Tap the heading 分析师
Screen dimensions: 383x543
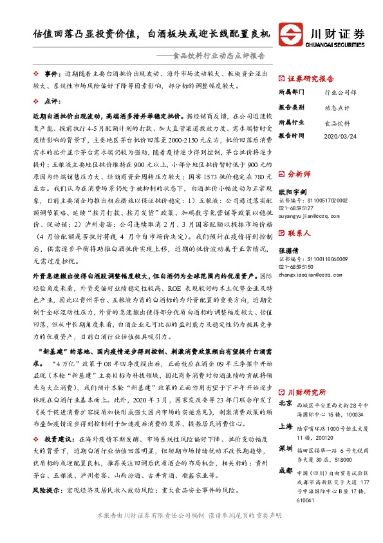299,174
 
